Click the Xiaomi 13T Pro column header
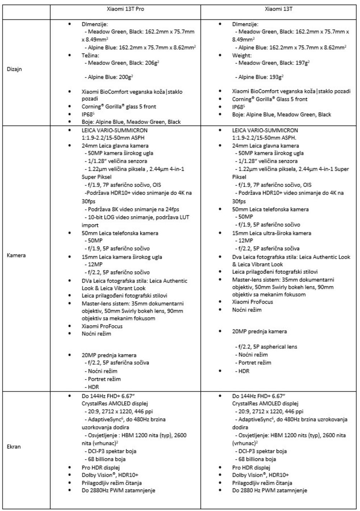pos(125,9)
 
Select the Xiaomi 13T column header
pos(279,9)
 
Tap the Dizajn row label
pos(14,69)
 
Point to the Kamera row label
pos(16,256)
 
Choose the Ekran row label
pos(14,447)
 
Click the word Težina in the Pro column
pos(90,55)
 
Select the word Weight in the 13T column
pos(242,55)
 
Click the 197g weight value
pos(302,63)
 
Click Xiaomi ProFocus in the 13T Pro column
pos(102,326)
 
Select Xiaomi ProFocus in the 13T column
pos(252,302)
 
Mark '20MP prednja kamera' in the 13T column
pos(259,331)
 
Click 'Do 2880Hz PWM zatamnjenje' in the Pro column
pos(118,490)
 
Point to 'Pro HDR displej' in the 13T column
pos(251,467)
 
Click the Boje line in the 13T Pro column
pos(131,122)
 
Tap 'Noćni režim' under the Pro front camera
pos(103,371)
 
